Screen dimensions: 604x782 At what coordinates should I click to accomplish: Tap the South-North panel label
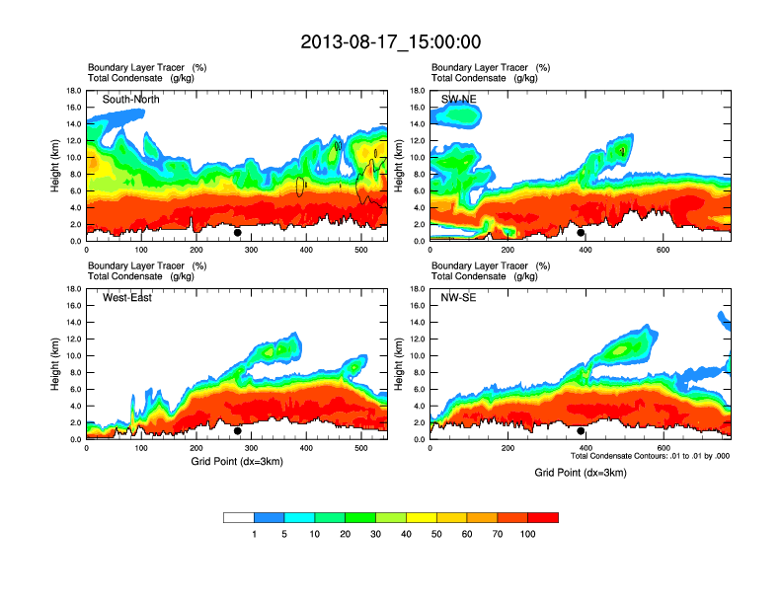point(131,99)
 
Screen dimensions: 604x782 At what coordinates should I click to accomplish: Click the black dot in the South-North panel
point(238,233)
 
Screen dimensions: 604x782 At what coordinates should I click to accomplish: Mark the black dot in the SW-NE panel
point(581,233)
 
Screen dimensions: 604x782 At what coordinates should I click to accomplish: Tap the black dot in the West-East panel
point(238,431)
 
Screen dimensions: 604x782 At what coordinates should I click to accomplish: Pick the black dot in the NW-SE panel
point(581,431)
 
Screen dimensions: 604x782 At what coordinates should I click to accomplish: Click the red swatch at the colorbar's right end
point(543,517)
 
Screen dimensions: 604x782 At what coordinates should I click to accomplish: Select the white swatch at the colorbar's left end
point(239,517)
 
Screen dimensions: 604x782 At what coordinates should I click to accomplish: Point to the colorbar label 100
point(528,534)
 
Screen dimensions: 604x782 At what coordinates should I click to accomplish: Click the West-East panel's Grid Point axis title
point(237,461)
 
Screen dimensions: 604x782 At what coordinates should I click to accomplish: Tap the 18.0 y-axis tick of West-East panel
point(72,289)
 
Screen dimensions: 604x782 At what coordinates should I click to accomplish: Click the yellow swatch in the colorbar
point(422,517)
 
